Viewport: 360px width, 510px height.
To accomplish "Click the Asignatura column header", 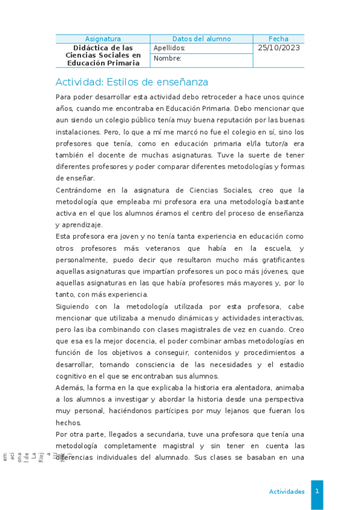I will click(103, 38).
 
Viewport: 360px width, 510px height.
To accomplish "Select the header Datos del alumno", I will click(201, 38).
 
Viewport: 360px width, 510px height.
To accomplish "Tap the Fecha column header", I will click(278, 38).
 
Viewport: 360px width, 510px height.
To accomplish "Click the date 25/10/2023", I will click(278, 48).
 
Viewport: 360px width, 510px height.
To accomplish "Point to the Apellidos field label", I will click(169, 48).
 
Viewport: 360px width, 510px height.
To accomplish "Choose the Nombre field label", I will click(167, 59).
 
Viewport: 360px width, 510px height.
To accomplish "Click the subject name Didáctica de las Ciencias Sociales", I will click(103, 55).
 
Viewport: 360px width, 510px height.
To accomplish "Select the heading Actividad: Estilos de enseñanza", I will click(132, 82).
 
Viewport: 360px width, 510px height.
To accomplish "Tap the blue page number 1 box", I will click(317, 491).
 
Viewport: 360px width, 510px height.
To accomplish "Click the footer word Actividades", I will click(287, 491).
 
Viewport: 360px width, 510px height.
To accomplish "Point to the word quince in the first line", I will click(291, 97).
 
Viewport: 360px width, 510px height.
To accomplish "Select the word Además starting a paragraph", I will click(70, 388).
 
